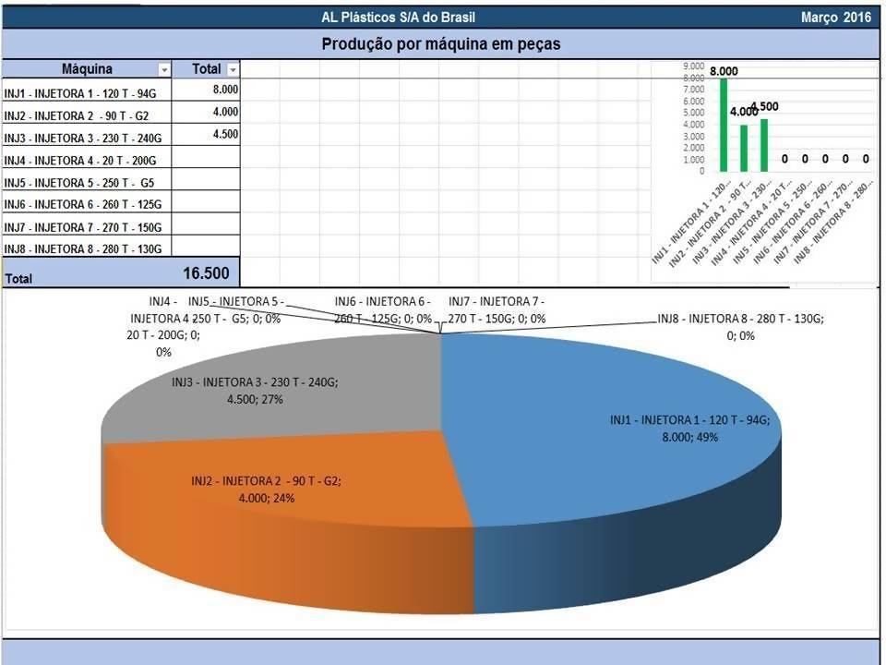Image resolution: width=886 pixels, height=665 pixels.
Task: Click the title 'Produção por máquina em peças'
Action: click(x=441, y=43)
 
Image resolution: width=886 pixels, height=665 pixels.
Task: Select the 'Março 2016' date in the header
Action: click(x=836, y=18)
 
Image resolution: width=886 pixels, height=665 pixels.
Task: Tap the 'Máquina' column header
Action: click(x=87, y=69)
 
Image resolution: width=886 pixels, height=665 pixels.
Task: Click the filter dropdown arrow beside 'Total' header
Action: click(x=233, y=69)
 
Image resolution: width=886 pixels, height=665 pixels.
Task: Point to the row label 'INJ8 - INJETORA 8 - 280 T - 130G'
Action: click(x=83, y=249)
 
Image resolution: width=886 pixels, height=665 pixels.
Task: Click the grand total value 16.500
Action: click(x=211, y=272)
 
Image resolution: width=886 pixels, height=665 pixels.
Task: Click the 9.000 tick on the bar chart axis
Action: click(x=693, y=67)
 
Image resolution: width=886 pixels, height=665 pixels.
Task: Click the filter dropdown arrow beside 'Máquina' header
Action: click(x=164, y=69)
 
